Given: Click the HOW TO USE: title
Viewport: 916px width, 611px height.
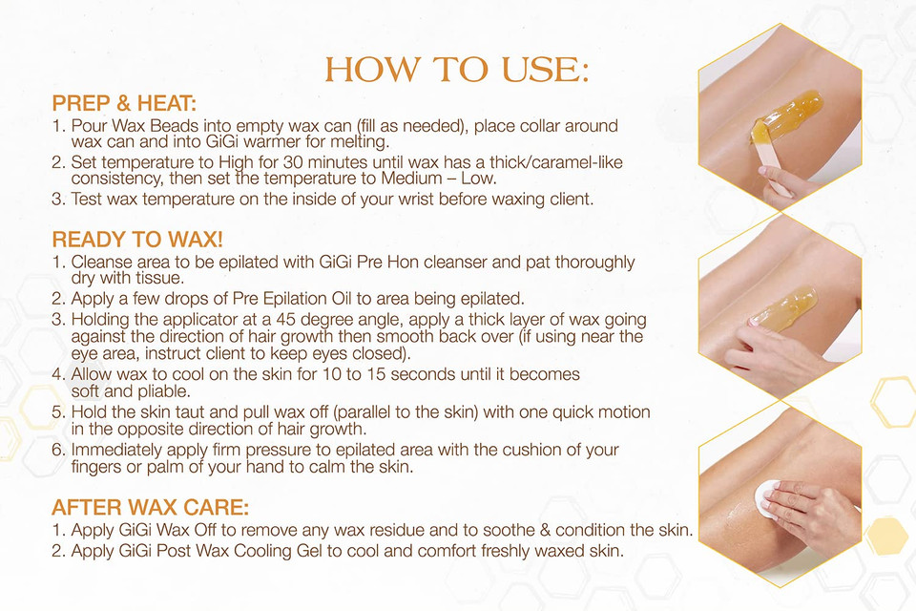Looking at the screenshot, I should pyautogui.click(x=457, y=70).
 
